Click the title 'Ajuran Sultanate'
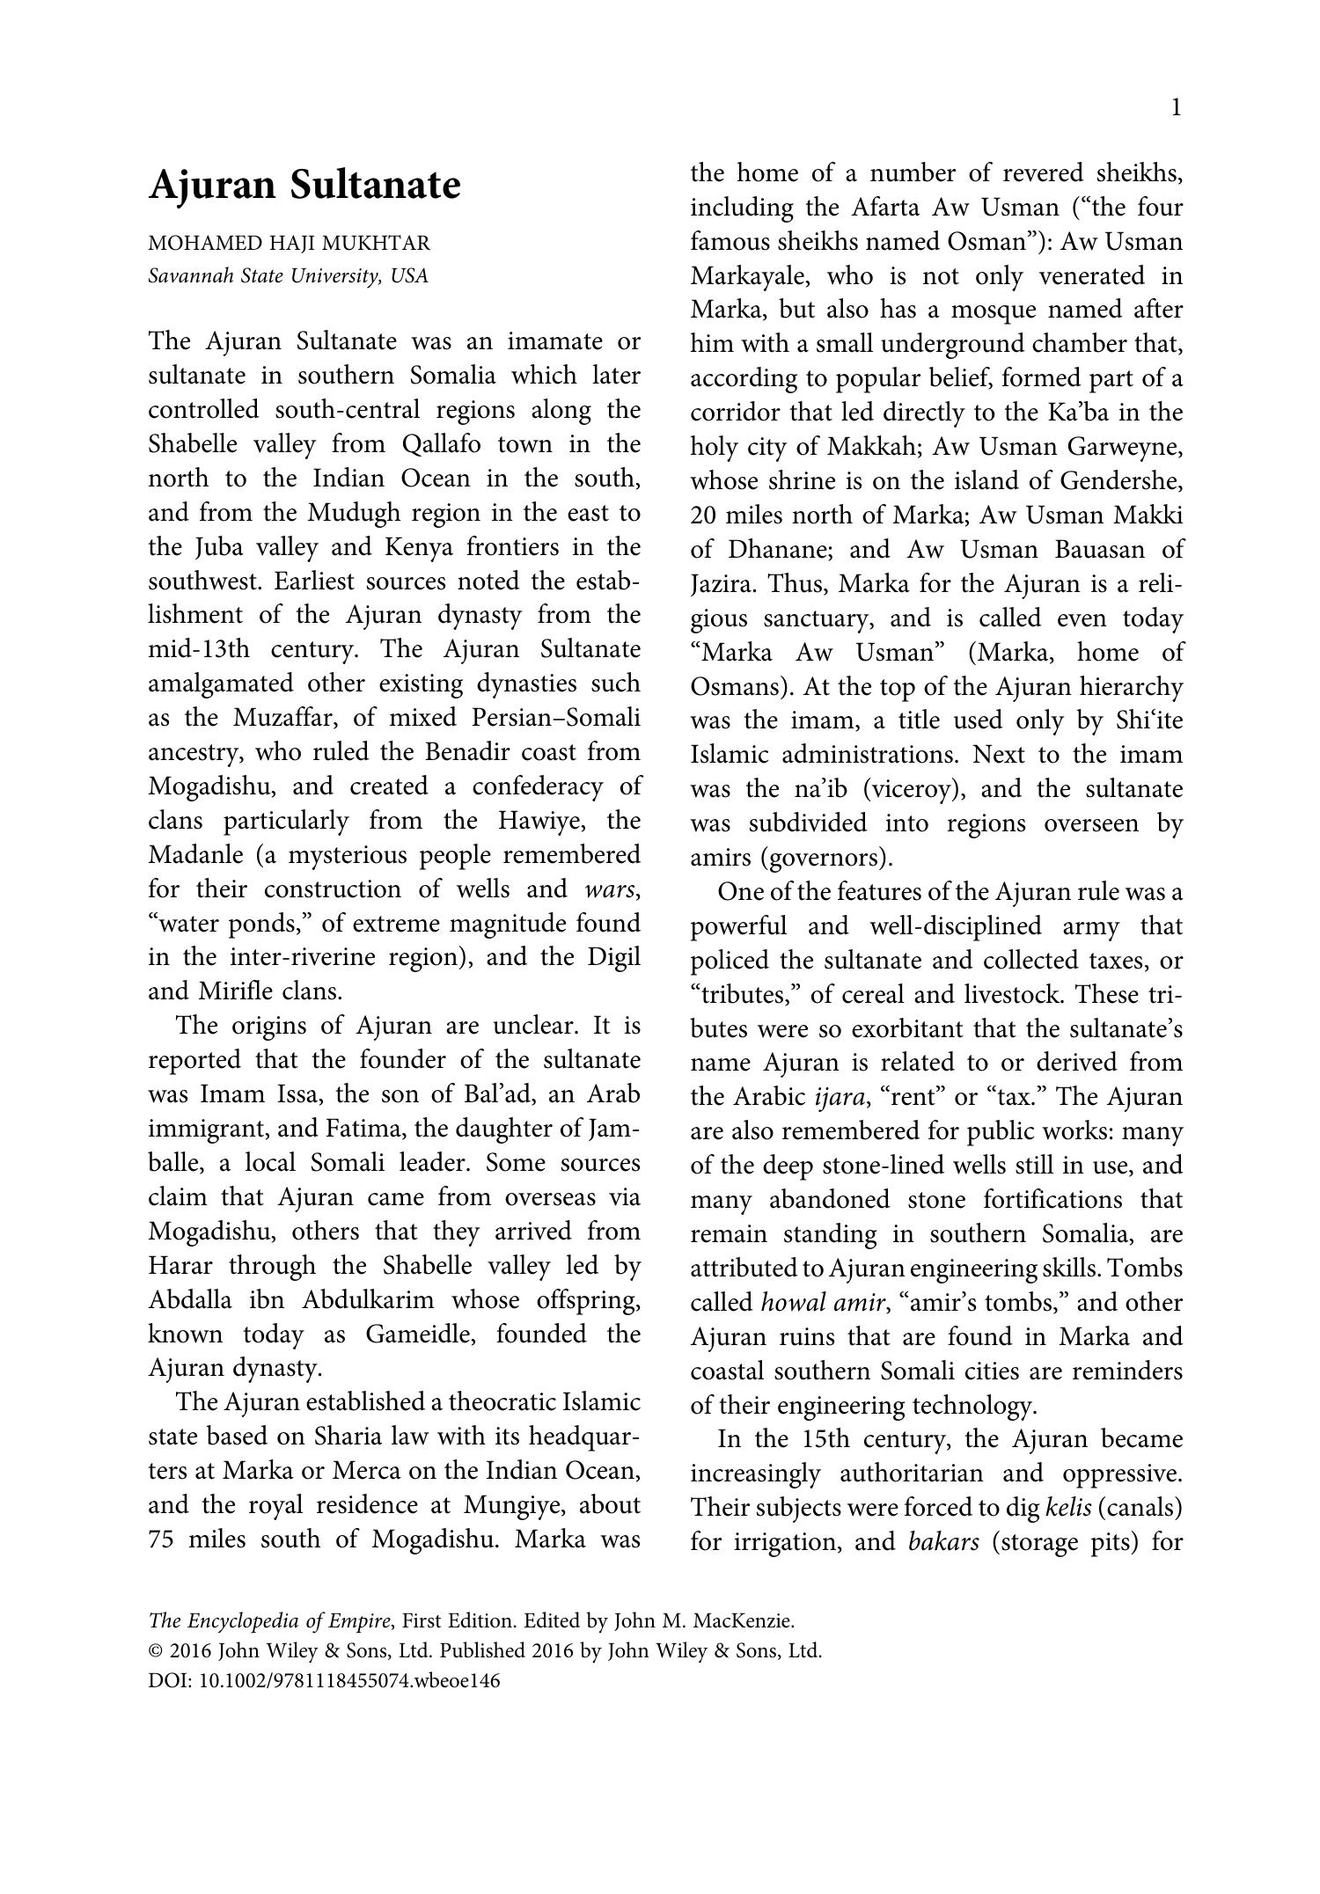304,186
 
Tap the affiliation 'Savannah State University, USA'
288,276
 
